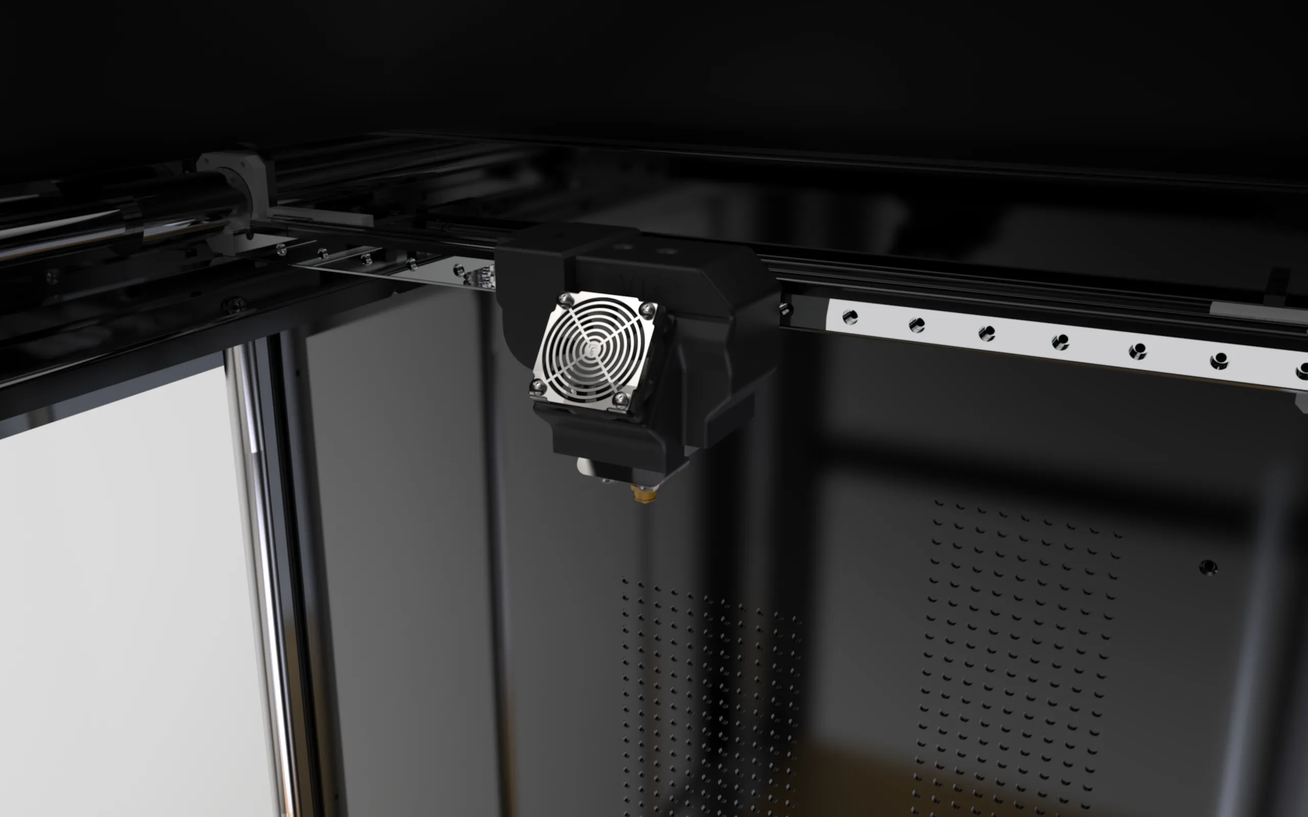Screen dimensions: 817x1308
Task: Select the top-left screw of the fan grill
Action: (x=565, y=300)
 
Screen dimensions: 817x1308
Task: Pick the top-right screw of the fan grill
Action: (x=647, y=309)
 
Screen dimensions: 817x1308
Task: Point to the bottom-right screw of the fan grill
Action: (x=620, y=400)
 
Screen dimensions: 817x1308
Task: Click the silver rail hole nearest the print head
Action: (x=850, y=317)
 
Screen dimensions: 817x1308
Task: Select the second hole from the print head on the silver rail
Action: (x=917, y=325)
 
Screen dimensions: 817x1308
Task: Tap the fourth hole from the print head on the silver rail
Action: (x=1060, y=341)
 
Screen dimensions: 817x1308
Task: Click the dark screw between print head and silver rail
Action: (x=785, y=310)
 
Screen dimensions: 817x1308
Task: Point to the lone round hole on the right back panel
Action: (x=1208, y=568)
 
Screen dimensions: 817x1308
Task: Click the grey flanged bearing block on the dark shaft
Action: (x=238, y=178)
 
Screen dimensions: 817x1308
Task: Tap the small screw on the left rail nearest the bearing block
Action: (x=281, y=250)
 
